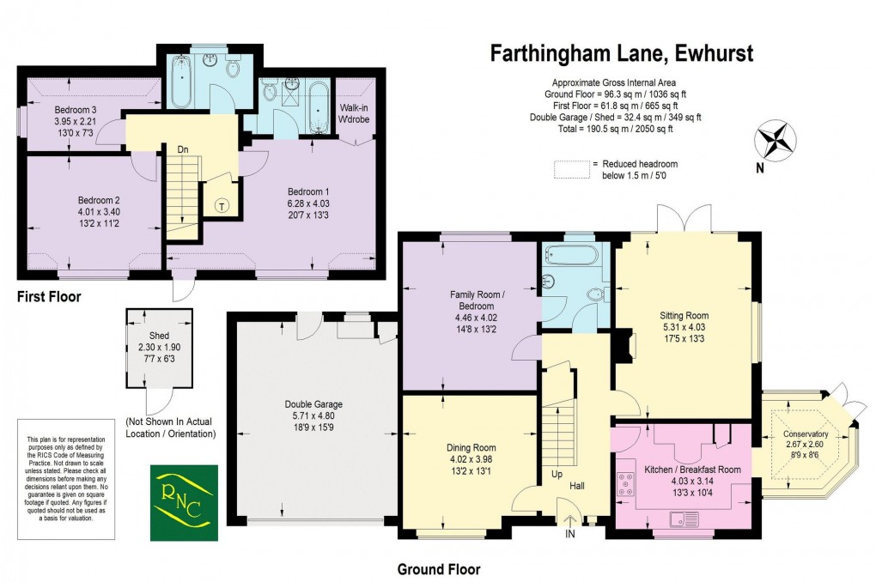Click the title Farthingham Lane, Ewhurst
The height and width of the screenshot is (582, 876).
coord(621,53)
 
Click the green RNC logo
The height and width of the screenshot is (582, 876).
coord(179,503)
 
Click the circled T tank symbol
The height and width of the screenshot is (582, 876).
coord(222,206)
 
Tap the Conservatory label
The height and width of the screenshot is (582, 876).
coord(806,433)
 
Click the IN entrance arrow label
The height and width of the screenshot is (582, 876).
coord(569,534)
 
